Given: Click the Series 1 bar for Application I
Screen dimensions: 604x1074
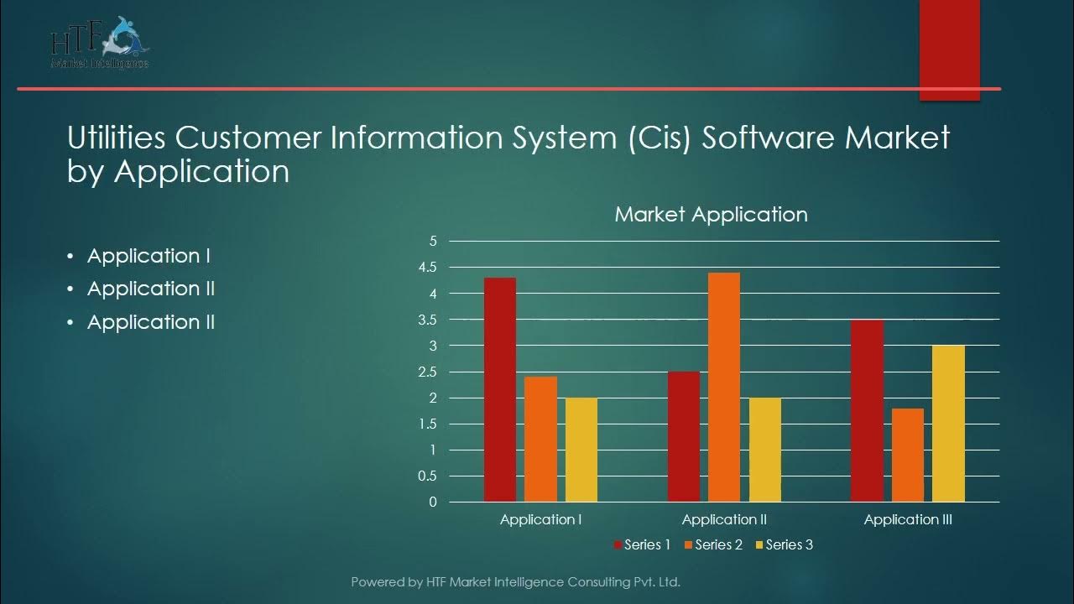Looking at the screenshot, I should coord(500,390).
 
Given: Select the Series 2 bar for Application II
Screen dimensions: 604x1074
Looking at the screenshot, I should coord(724,388).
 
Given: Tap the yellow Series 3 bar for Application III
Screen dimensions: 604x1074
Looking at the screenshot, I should coord(948,424).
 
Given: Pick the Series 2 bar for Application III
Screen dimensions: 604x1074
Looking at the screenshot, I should coord(908,456).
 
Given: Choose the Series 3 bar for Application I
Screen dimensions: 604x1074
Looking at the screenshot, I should coord(581,450).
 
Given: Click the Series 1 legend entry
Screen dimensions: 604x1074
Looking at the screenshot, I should coord(643,544).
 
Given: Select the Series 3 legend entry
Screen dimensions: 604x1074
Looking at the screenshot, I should coord(784,544).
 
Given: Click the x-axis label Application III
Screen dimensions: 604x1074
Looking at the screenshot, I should coord(908,519).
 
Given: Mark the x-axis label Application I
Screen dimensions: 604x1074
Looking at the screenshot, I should coord(541,519).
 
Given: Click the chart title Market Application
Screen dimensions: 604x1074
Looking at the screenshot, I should coord(711,214).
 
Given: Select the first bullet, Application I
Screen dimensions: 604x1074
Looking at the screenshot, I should coord(149,256).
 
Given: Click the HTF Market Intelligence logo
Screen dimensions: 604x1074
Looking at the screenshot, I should coord(100,43).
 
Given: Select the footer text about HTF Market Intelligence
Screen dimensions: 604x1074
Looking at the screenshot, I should coord(515,581).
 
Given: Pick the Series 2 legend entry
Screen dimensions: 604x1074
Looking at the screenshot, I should coord(713,544).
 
